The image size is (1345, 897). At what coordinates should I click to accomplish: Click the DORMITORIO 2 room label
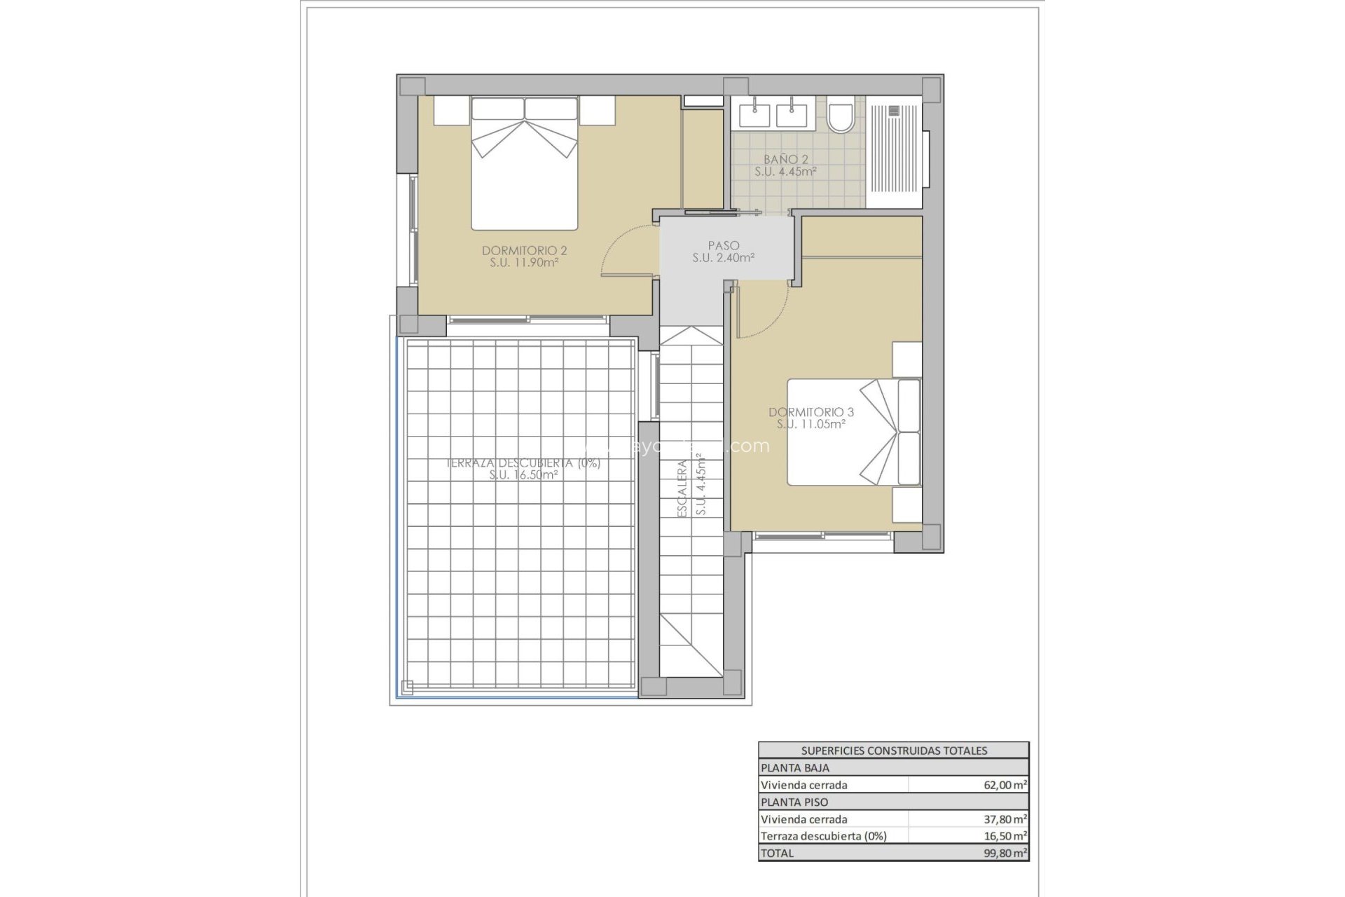[x=524, y=251]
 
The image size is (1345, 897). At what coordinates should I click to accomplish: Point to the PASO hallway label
[x=723, y=246]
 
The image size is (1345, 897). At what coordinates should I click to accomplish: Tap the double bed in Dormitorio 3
[x=853, y=432]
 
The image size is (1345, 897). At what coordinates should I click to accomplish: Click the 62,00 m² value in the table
[x=1005, y=786]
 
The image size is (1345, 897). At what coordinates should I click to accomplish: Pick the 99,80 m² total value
[x=1005, y=853]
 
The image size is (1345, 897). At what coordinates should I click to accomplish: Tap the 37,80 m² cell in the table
[x=1005, y=819]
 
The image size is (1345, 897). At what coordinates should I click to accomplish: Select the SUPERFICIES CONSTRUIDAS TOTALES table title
[x=894, y=751]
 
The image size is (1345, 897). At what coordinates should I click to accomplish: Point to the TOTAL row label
[x=777, y=853]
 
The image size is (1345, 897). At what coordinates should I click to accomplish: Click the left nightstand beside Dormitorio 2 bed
[x=450, y=111]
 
